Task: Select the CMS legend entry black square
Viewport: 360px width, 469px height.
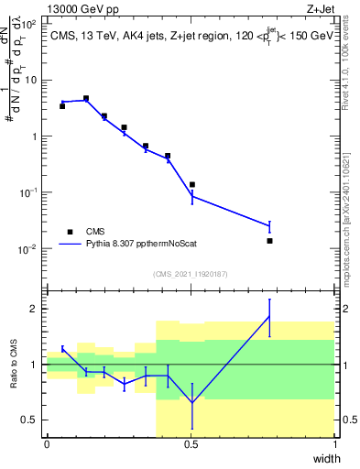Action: (x=70, y=232)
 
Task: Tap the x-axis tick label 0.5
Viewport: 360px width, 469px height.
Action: (x=191, y=443)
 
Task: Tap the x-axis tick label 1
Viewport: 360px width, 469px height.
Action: (x=334, y=443)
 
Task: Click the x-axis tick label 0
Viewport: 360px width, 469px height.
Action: (x=47, y=443)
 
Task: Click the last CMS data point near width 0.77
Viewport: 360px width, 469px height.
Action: (x=269, y=241)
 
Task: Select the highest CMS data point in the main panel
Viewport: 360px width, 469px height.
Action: (x=86, y=98)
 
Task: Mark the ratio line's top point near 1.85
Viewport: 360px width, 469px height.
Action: (x=269, y=316)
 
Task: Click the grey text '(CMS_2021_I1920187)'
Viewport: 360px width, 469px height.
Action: (x=191, y=273)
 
